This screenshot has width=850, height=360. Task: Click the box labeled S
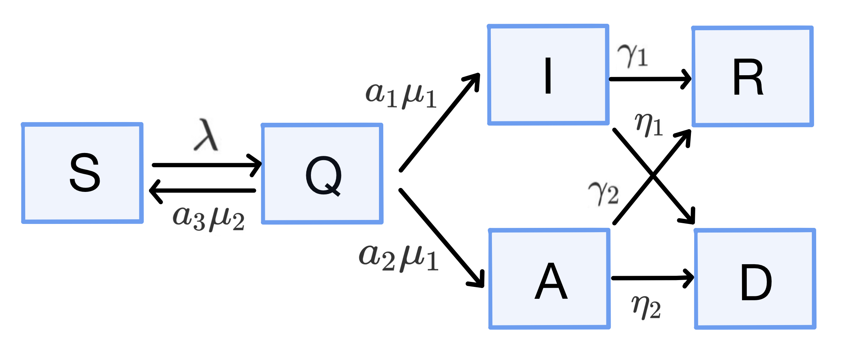click(82, 173)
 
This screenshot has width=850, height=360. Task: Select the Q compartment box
click(322, 174)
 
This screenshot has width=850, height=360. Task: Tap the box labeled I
click(548, 75)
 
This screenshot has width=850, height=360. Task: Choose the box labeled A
click(550, 279)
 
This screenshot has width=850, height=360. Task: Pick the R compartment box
click(752, 76)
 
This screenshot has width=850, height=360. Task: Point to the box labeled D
click(755, 279)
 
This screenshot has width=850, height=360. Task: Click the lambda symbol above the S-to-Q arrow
click(206, 135)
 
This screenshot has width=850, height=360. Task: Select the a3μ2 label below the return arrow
click(209, 218)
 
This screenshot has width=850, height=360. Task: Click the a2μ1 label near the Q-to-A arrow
click(399, 258)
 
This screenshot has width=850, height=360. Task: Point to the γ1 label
click(633, 55)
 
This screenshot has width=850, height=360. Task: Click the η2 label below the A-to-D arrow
click(646, 307)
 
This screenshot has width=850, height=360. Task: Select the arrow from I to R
click(648, 79)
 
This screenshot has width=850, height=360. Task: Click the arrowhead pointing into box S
click(154, 190)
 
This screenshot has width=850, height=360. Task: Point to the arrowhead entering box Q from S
click(256, 165)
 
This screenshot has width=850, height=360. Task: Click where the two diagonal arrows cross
click(652, 176)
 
